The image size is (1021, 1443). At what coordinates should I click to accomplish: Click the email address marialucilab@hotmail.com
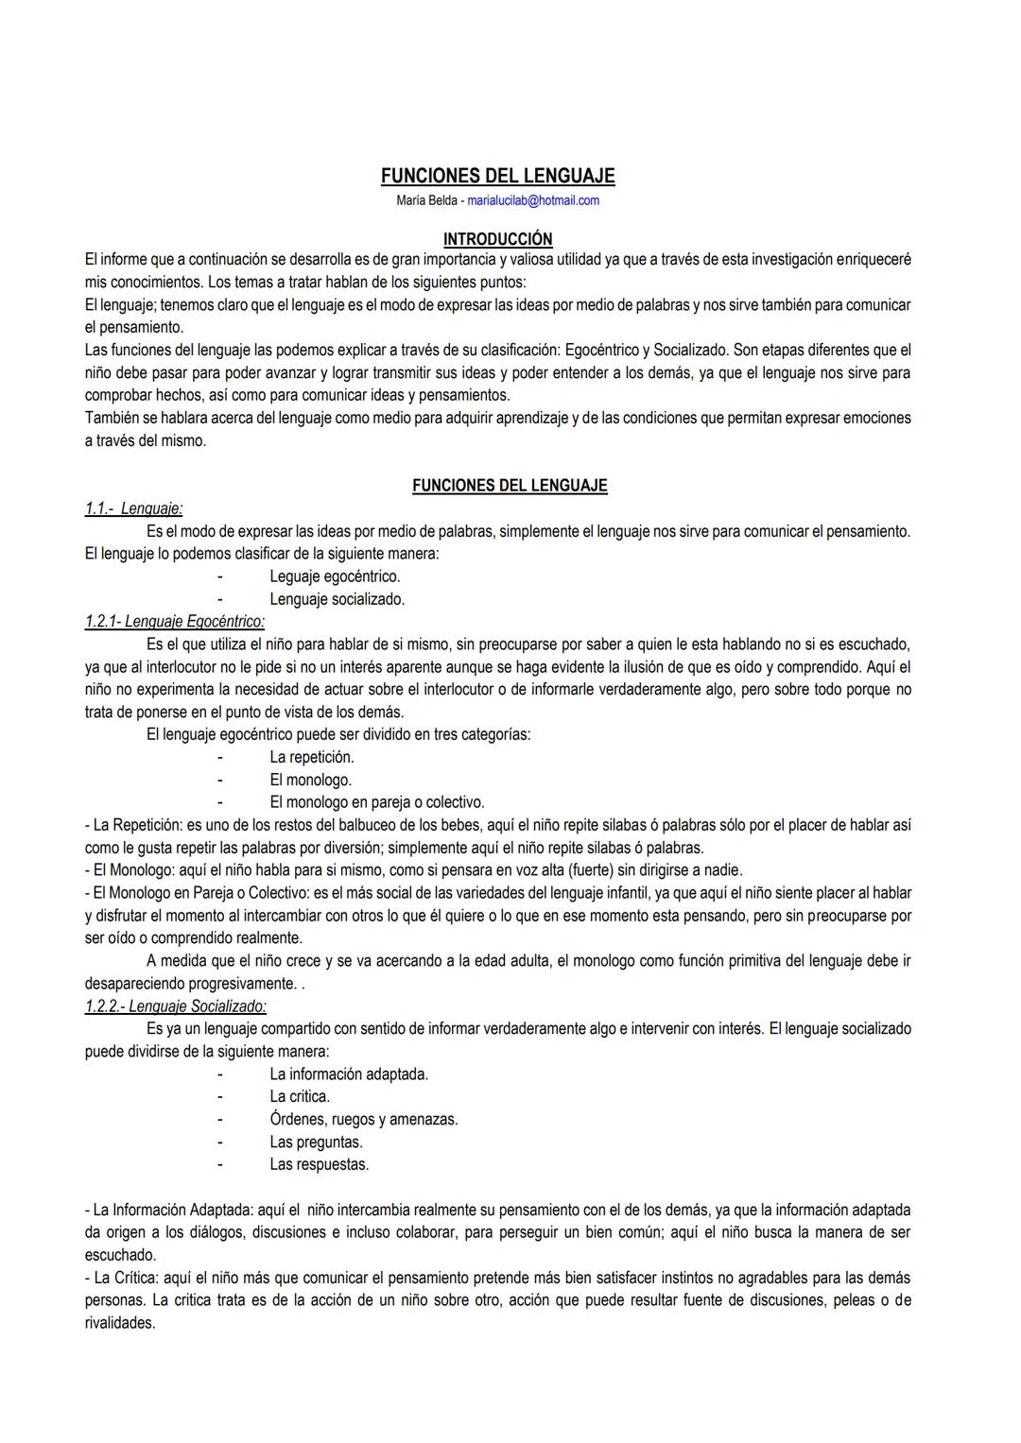coord(533,200)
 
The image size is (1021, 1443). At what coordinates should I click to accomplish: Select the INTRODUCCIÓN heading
coord(498,239)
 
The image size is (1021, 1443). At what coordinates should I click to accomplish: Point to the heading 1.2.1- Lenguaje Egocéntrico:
coord(175,622)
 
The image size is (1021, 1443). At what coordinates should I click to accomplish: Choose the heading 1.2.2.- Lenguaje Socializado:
coord(176,1006)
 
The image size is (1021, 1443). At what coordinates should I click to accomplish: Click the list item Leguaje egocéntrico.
coord(335,576)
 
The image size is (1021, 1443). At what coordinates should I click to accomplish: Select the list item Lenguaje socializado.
coord(337,599)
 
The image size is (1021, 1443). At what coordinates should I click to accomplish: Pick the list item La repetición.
coord(312,757)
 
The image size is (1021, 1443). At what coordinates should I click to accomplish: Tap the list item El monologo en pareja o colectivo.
coord(377,802)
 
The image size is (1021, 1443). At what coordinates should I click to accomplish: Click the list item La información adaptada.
coord(349,1074)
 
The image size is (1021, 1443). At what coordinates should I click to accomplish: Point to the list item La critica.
coord(300,1096)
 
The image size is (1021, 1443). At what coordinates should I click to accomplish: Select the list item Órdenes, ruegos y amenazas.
coord(364,1119)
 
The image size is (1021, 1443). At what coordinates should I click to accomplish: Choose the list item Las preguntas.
coord(316,1142)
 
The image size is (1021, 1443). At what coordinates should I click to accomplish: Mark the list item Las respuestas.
coord(319,1164)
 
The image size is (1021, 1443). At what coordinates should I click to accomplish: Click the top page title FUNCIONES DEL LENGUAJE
coord(498,176)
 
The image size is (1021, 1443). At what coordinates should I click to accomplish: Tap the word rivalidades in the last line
coord(120,1323)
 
